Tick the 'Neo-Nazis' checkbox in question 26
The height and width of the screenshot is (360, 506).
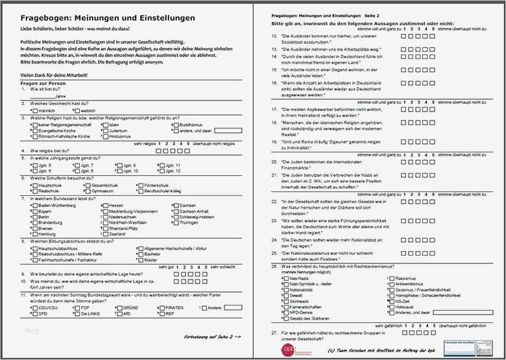(x=285, y=278)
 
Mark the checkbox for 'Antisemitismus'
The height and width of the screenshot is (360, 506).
(x=391, y=284)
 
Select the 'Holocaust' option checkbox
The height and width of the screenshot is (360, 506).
(x=391, y=307)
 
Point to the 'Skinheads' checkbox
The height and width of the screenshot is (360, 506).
(x=285, y=302)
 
